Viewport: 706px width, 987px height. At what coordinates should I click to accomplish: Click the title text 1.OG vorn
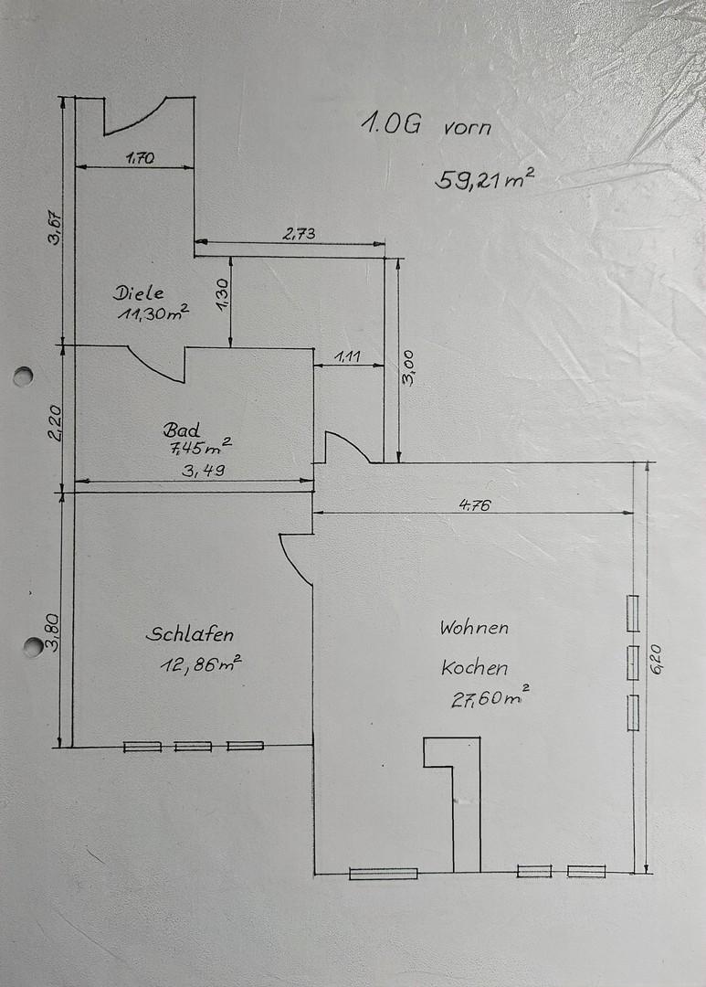tap(426, 124)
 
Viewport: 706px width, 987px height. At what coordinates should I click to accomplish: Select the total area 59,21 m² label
tap(484, 179)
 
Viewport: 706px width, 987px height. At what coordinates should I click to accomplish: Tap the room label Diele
tap(139, 292)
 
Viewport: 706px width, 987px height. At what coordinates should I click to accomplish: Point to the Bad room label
tap(182, 430)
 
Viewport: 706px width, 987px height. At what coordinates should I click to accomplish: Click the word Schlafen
tap(189, 634)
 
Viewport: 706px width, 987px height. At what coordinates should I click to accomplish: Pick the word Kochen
tap(474, 667)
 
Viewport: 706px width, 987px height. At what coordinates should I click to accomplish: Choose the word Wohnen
tap(474, 628)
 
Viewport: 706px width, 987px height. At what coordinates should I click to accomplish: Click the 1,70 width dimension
tap(140, 158)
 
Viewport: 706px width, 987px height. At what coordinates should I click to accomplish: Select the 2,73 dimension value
tap(299, 234)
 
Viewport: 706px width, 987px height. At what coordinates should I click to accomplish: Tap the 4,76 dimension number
tap(474, 504)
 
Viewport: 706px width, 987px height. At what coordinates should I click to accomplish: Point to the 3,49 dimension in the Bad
tap(204, 470)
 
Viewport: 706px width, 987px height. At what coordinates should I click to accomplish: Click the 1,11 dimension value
tap(347, 357)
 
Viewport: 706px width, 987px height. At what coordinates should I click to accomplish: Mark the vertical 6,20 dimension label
tap(657, 659)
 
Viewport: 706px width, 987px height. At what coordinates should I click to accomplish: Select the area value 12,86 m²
tap(201, 664)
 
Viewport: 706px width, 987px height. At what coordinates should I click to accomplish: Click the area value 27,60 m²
tap(490, 697)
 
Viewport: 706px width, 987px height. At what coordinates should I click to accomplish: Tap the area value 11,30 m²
tap(153, 313)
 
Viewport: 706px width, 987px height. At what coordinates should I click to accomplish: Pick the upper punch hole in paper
tap(23, 376)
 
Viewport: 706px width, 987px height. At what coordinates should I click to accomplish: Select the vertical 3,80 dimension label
tap(54, 632)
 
